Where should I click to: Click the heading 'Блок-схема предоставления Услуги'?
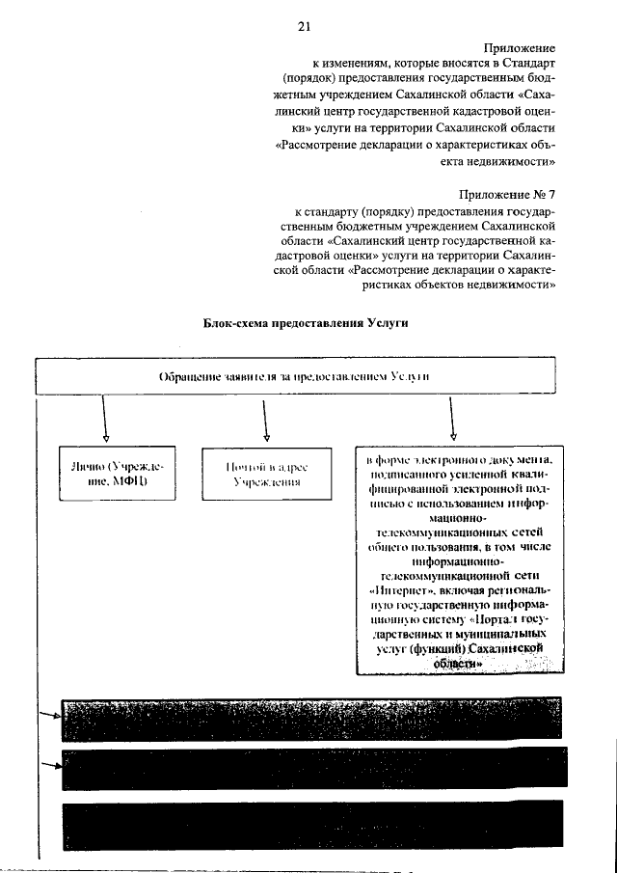[307, 324]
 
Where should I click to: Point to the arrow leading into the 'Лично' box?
[104, 420]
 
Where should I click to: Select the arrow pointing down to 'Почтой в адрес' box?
[265, 420]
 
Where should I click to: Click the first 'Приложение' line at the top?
[521, 46]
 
